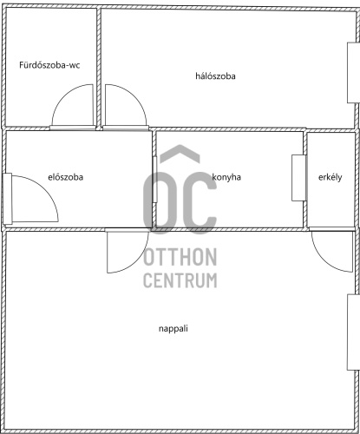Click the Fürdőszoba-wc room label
coord(49,65)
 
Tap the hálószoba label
coord(215,76)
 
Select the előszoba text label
coord(66,177)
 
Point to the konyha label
coord(226,177)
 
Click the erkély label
coord(331,177)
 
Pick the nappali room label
coord(173,329)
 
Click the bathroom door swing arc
coord(62,95)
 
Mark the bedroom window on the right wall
coord(353,73)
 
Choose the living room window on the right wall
coord(353,332)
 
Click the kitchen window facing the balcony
coord(298,178)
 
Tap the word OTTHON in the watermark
coord(180,257)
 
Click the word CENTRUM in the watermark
coord(180,280)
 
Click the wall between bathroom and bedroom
coord(99,67)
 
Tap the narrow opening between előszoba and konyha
coord(155,180)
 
